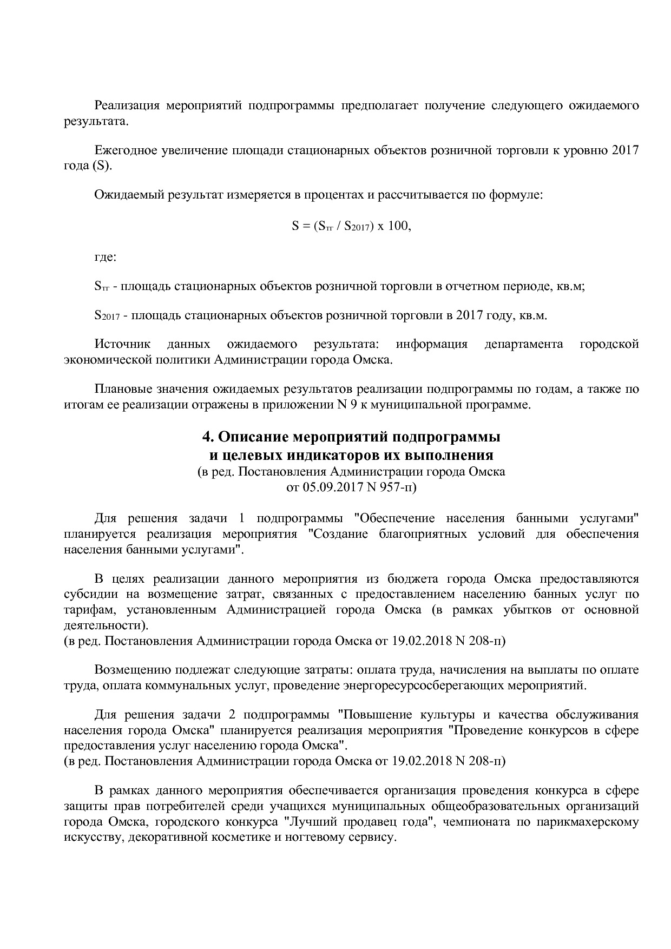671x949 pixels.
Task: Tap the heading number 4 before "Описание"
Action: coord(206,437)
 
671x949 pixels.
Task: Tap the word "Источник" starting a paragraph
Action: coord(122,344)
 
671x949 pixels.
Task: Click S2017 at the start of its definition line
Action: coord(107,315)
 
